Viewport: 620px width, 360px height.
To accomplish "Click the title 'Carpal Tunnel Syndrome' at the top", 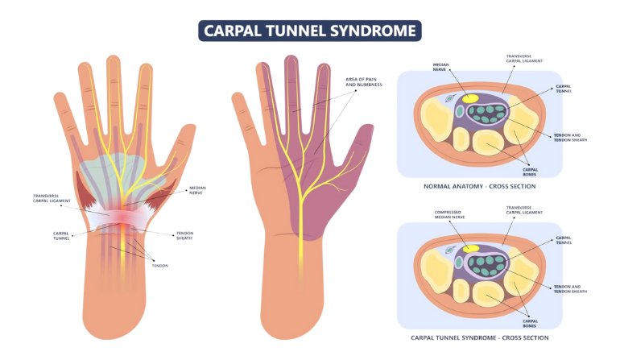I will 309,31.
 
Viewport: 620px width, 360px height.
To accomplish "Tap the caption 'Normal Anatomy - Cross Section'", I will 480,187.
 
